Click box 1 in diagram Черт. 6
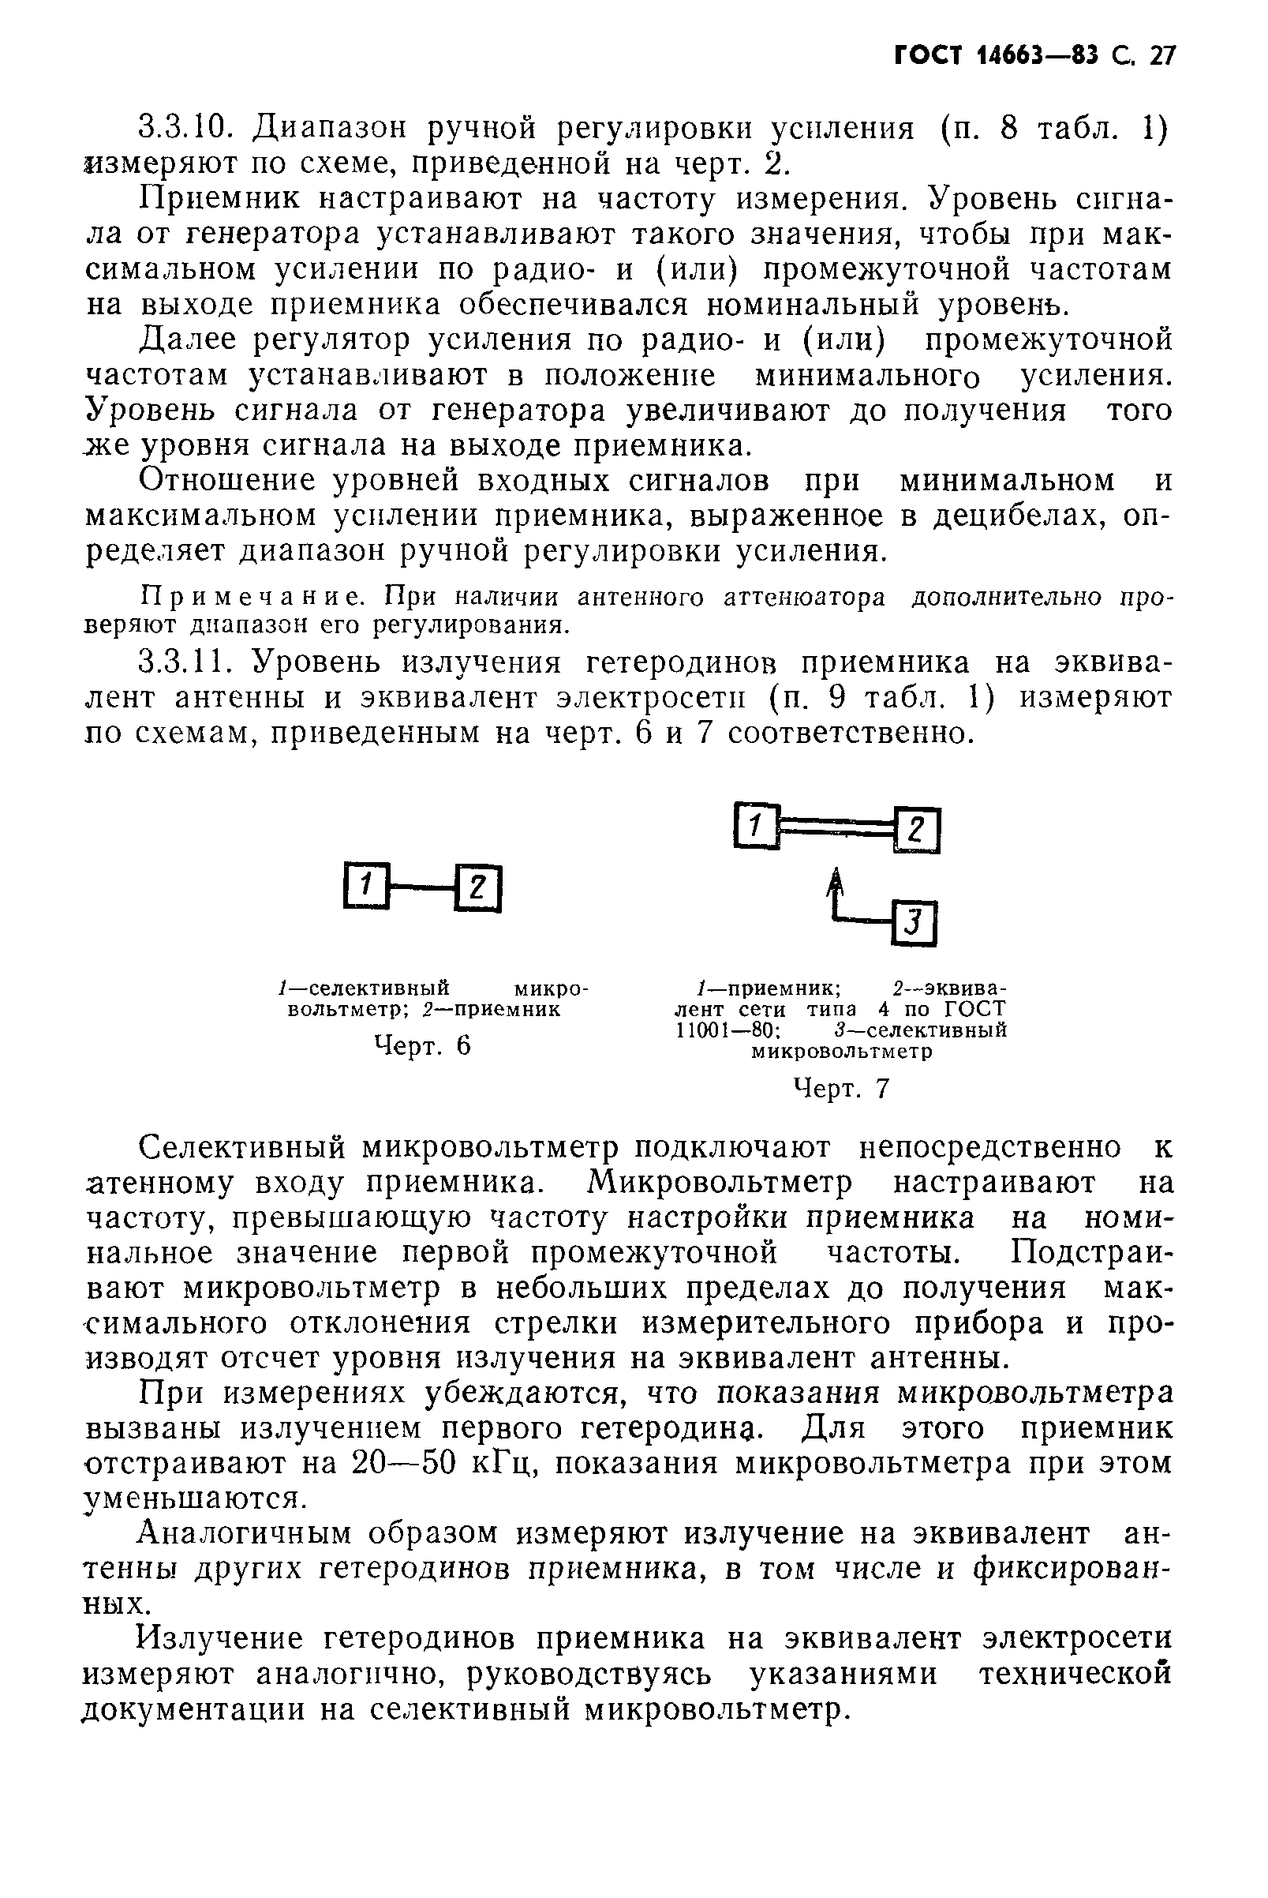tap(366, 887)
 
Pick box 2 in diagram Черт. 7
tap(917, 831)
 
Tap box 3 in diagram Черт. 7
tap(914, 923)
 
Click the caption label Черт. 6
tap(422, 1046)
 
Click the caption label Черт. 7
tap(842, 1089)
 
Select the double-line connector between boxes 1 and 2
tap(836, 826)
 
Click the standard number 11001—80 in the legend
tap(727, 1030)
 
